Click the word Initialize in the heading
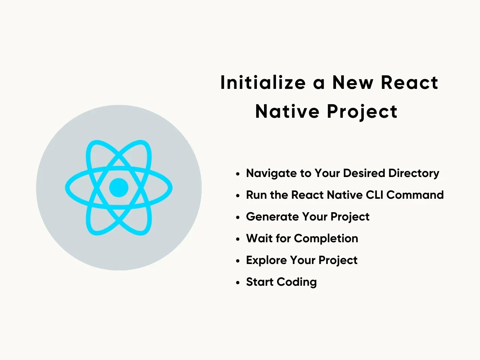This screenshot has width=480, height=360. [263, 82]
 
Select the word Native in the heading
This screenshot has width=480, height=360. [287, 111]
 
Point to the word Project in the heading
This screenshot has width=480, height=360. [362, 112]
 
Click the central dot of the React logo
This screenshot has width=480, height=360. [119, 187]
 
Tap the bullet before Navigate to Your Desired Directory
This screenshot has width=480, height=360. [238, 174]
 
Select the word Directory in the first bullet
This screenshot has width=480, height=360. [414, 173]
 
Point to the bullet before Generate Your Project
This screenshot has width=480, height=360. [238, 218]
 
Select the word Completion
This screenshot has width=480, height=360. [326, 239]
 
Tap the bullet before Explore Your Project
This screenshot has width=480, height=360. [238, 261]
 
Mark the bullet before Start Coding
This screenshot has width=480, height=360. [238, 283]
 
